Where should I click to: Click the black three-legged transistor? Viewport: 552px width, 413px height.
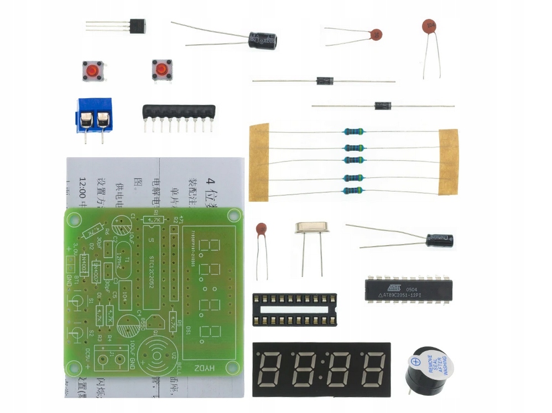pos(137,26)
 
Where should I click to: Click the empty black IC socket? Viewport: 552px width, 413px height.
pos(294,309)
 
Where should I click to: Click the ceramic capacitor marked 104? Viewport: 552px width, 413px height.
pos(429,26)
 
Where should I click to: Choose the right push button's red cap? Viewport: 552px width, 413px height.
pos(161,70)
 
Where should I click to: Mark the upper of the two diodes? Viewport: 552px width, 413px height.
pos(325,81)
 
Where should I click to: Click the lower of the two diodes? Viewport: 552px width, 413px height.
pos(383,105)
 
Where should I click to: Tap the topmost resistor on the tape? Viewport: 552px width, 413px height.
pos(353,131)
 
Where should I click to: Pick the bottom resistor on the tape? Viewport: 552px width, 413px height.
pos(353,190)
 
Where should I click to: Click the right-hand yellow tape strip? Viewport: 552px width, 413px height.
pos(448,162)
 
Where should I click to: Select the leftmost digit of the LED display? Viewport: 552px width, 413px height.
pos(272,369)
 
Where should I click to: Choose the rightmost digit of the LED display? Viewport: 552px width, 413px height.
pos(374,369)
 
